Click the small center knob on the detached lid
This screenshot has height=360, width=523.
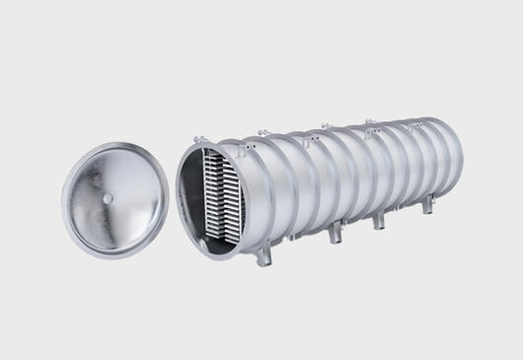107,196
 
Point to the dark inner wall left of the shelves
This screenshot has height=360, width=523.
192,193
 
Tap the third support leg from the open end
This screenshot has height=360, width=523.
378,220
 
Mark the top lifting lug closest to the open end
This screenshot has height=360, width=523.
261,132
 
